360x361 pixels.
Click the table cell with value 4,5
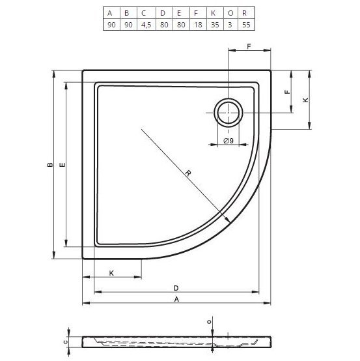click(145, 24)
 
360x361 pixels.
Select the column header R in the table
click(243, 12)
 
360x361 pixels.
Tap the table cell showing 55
click(243, 24)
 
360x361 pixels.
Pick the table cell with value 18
click(194, 24)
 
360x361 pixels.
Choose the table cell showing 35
click(211, 24)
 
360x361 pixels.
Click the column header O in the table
click(227, 12)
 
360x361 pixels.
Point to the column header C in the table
click(145, 12)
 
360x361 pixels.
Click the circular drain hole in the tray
click(228, 113)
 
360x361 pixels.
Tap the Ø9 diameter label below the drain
click(228, 141)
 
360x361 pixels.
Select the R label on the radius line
click(187, 173)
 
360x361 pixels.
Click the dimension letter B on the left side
click(49, 166)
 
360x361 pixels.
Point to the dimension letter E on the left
click(62, 166)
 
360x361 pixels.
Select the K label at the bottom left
click(111, 272)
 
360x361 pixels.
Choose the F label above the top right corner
click(249, 46)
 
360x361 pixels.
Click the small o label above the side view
click(209, 321)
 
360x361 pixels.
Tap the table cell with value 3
click(227, 24)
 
